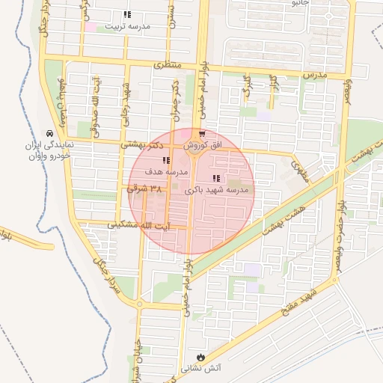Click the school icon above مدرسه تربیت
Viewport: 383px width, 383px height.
tap(127, 14)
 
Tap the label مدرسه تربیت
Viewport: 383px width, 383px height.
tap(127, 26)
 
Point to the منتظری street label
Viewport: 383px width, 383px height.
tap(168, 66)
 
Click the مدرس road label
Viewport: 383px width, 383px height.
tap(315, 76)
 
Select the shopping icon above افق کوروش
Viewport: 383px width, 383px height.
tap(202, 134)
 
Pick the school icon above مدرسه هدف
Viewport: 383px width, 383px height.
tap(165, 161)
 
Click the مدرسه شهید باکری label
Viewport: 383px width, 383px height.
tap(220, 191)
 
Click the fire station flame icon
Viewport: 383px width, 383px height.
tap(200, 356)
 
